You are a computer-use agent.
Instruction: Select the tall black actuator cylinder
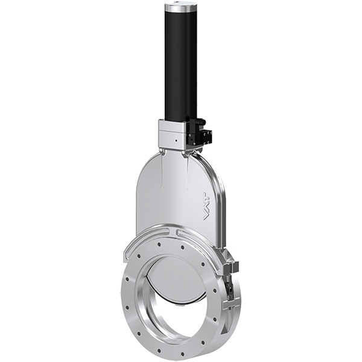180,66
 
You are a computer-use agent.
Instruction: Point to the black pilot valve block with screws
196,132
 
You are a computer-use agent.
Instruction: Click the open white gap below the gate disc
181,317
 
